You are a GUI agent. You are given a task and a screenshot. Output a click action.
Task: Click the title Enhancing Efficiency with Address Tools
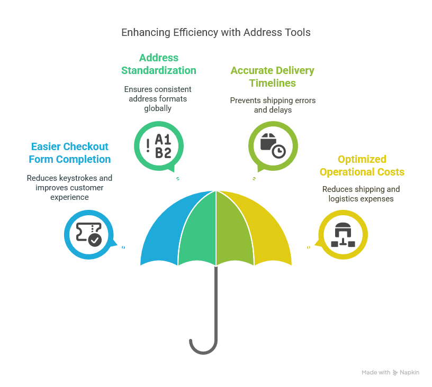point(215,32)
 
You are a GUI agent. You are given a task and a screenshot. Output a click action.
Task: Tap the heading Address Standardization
point(159,64)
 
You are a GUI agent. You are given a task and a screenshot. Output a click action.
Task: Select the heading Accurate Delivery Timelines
point(272,77)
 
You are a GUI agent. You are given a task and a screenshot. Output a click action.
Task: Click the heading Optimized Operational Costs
point(362,165)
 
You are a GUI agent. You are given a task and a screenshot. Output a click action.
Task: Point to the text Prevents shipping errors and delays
point(272,105)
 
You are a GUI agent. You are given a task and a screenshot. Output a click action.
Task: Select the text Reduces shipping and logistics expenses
point(361,194)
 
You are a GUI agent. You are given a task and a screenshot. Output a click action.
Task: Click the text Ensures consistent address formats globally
point(158,99)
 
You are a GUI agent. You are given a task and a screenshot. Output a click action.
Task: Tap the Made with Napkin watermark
point(390,373)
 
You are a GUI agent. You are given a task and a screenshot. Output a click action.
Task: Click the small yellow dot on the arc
point(308,247)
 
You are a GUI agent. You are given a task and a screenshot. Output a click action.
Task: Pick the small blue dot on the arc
point(123,247)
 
